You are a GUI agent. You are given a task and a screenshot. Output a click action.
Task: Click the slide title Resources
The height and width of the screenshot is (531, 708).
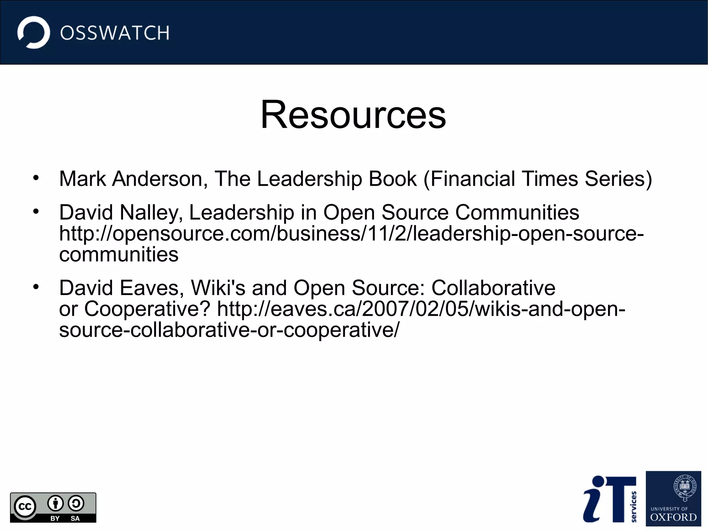pos(353,115)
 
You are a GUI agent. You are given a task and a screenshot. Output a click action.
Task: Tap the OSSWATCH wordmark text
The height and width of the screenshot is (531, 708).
pos(114,33)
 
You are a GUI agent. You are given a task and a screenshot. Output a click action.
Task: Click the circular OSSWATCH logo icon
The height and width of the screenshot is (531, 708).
pos(34,33)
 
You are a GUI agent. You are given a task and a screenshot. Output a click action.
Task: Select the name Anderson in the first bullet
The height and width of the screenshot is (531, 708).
pos(160,179)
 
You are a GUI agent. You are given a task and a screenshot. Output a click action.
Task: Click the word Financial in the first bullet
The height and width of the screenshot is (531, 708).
pos(473,179)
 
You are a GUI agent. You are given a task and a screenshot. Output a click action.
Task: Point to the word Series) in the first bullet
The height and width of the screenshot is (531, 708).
pos(618,179)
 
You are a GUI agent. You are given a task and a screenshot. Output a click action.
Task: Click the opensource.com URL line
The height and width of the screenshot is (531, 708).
pos(351,234)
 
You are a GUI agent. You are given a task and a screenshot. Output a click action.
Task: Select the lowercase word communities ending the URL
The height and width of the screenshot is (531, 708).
pos(119,255)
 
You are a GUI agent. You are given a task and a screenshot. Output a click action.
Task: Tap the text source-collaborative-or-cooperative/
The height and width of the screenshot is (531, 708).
pos(229,330)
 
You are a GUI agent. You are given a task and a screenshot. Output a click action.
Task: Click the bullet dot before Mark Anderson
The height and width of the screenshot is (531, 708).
pos(36,178)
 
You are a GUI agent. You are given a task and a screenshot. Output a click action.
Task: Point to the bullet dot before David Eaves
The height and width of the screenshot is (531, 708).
pos(36,287)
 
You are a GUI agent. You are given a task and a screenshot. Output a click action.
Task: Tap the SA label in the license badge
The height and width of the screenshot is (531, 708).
pos(75,518)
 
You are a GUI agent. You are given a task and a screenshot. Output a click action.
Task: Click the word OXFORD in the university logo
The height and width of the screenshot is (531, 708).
pos(673,518)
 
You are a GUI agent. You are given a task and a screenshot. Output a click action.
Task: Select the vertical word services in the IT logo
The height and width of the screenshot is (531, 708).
pos(633,506)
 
